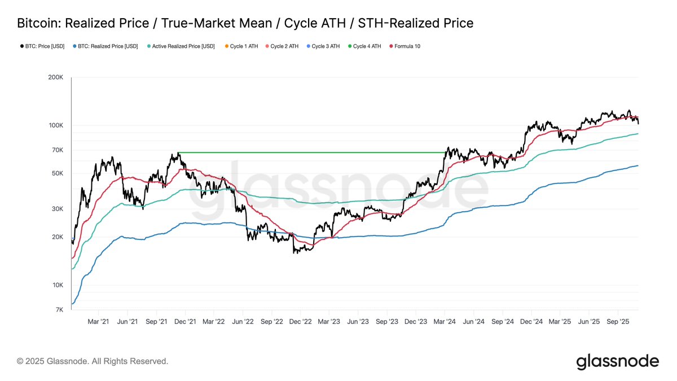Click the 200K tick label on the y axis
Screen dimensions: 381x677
(55, 77)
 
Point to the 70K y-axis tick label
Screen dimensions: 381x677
(56, 150)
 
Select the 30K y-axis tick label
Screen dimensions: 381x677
(56, 209)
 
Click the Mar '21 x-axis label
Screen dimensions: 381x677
(98, 321)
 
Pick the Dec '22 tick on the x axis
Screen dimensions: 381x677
(300, 321)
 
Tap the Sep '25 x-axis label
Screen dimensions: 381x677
(617, 321)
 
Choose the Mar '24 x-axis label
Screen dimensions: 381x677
(445, 321)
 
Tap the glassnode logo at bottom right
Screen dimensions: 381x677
(617, 361)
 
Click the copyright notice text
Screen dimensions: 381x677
(93, 361)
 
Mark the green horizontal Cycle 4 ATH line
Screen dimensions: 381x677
(310, 152)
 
